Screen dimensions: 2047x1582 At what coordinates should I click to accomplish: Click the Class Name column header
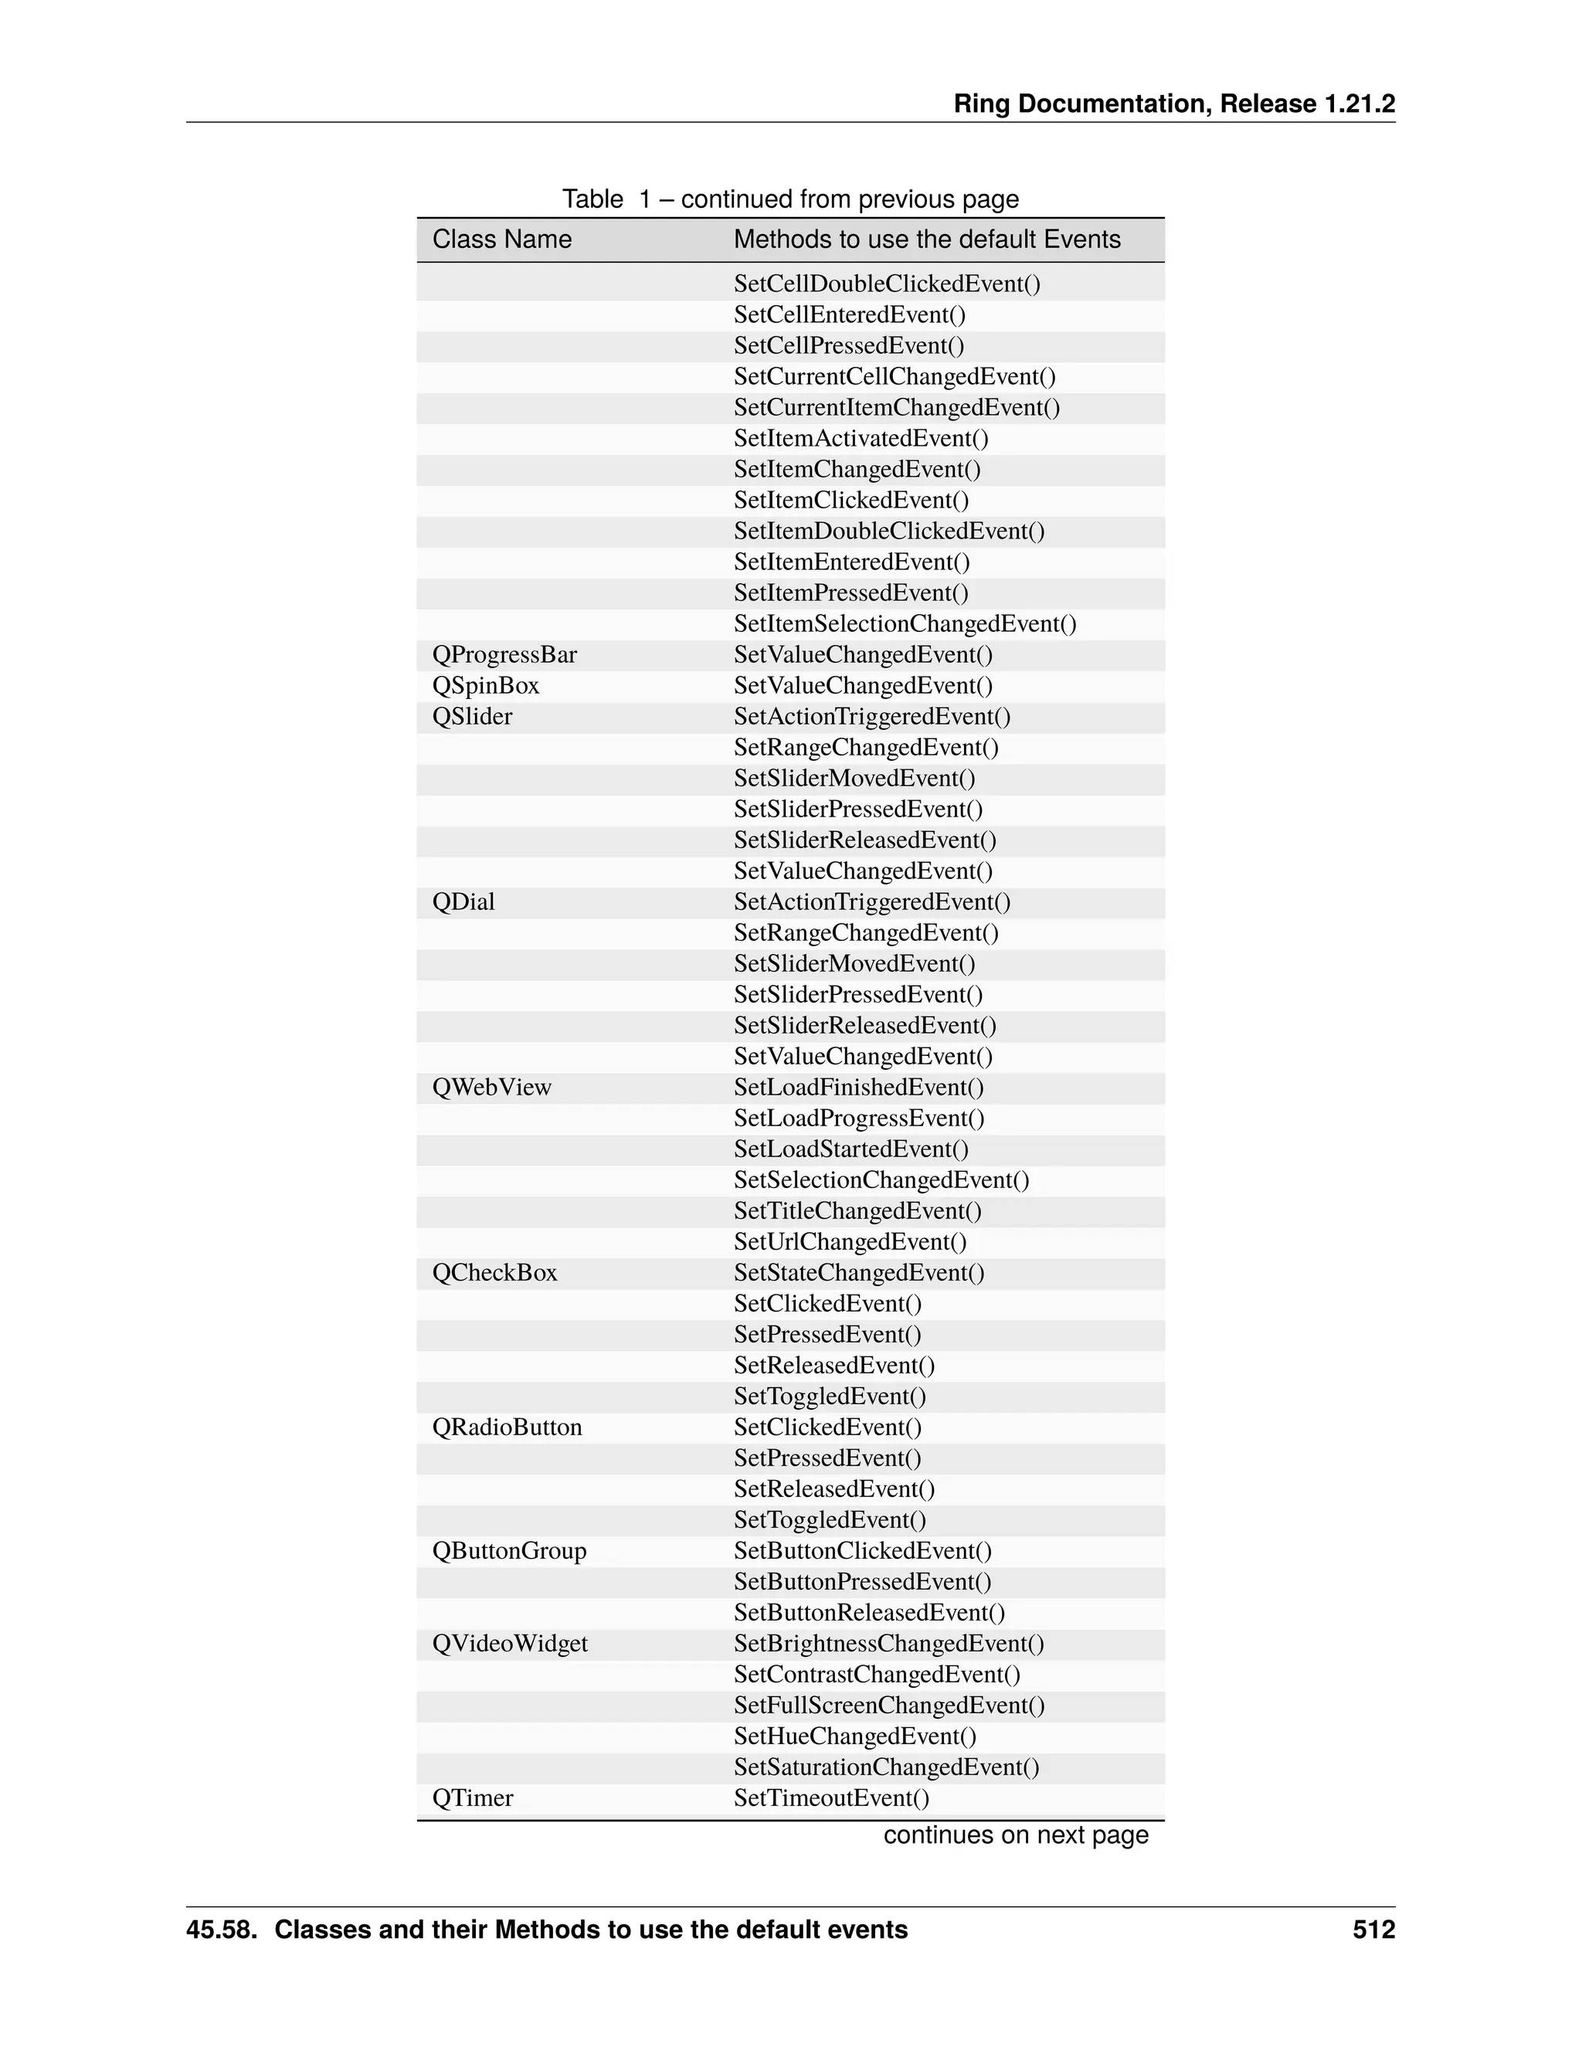[501, 240]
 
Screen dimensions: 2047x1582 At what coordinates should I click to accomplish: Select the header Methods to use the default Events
[926, 240]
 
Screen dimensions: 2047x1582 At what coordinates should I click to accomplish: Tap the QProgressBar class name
[504, 655]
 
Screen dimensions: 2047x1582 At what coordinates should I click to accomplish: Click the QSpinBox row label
[485, 686]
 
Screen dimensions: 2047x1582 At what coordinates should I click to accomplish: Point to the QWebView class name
[491, 1088]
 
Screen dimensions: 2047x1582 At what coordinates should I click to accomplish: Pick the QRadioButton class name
[507, 1427]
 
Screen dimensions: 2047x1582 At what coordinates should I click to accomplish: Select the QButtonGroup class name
[509, 1551]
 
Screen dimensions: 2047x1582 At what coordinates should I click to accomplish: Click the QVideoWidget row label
[510, 1644]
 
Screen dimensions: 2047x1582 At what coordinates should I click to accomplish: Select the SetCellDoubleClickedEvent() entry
[887, 284]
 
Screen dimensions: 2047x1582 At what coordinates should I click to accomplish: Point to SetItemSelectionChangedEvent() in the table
[905, 624]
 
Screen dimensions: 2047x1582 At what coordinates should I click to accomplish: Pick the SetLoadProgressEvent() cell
[858, 1119]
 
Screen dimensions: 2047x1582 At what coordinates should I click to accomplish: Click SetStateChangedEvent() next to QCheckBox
[858, 1273]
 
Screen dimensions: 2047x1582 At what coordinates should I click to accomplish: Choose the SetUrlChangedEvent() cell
[850, 1242]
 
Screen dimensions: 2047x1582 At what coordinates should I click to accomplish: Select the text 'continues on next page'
[1015, 1835]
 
